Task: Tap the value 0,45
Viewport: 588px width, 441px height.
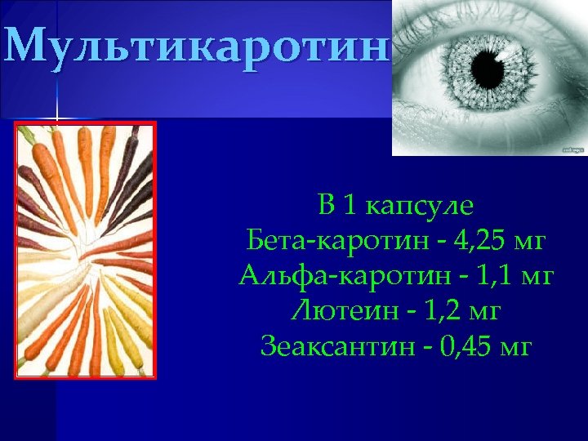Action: (x=466, y=347)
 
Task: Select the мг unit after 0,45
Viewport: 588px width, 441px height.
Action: (x=516, y=347)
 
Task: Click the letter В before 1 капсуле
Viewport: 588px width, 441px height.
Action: (x=327, y=207)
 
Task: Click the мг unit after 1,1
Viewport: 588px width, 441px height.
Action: (x=532, y=277)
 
